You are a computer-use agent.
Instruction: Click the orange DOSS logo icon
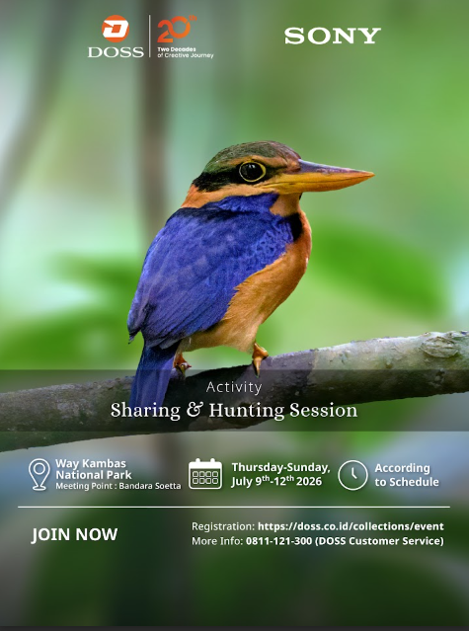(x=116, y=29)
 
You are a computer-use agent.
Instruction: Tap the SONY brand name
(x=333, y=36)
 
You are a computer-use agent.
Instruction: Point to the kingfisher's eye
(x=252, y=171)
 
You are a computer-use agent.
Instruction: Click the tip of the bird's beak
(x=372, y=174)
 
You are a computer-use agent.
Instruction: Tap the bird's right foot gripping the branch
(x=259, y=357)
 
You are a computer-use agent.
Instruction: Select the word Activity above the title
(x=234, y=387)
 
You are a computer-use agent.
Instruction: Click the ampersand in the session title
(x=195, y=410)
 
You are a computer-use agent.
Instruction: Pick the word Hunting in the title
(x=247, y=411)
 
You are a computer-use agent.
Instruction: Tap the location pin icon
(x=39, y=474)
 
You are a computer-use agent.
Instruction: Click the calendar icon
(x=205, y=474)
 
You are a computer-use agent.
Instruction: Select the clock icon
(x=352, y=475)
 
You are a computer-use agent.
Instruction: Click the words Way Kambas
(x=91, y=463)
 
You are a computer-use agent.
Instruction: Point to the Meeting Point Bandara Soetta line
(x=118, y=486)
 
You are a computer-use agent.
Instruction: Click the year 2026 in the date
(x=309, y=481)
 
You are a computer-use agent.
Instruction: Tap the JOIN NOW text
(x=74, y=534)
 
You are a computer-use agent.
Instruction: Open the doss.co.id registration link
(x=351, y=526)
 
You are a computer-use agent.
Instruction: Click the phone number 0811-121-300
(x=279, y=541)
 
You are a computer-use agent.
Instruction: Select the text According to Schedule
(x=407, y=475)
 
